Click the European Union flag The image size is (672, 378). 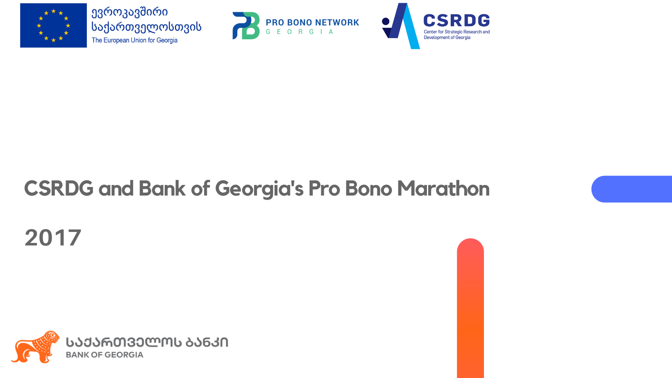(x=53, y=25)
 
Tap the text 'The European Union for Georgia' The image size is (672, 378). (x=134, y=40)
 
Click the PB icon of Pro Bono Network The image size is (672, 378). (x=246, y=26)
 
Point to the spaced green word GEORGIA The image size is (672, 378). (x=300, y=32)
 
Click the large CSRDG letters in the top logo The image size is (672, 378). (x=456, y=21)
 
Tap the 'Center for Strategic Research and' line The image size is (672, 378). (x=456, y=32)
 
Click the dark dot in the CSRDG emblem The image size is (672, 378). (x=386, y=21)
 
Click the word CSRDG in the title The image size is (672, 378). (x=59, y=189)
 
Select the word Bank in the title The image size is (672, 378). (x=162, y=189)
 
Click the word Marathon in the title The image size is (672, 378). (x=443, y=189)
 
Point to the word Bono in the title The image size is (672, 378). (x=368, y=189)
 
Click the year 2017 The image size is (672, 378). (x=53, y=238)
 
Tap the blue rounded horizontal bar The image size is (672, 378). (x=632, y=189)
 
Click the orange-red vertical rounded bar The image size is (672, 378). (x=470, y=308)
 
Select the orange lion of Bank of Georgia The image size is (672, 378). (x=36, y=347)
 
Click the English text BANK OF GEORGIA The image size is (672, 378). (x=104, y=355)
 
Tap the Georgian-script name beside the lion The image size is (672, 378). (x=147, y=342)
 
